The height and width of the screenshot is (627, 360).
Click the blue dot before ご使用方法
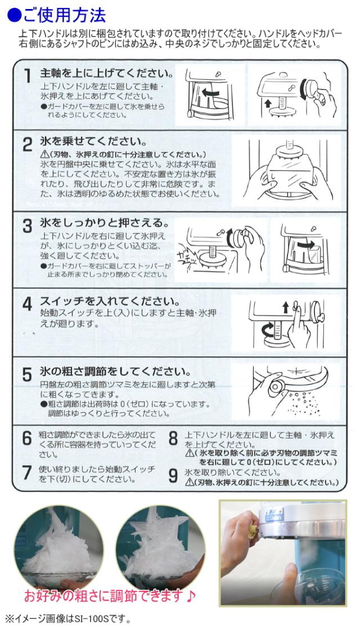tap(15, 16)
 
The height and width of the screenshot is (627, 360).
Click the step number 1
tap(27, 77)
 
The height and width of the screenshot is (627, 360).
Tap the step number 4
tap(27, 304)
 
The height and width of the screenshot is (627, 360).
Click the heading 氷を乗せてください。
tap(93, 141)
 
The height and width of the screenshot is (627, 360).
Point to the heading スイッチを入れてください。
tap(110, 301)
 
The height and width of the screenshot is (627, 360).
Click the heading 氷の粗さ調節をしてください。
tap(115, 371)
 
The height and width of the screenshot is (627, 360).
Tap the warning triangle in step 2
tap(43, 154)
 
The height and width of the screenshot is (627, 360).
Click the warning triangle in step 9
tap(190, 482)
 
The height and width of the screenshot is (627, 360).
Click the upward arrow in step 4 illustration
tap(286, 307)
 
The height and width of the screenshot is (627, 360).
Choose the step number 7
tap(27, 472)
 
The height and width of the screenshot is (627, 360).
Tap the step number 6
tap(27, 438)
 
